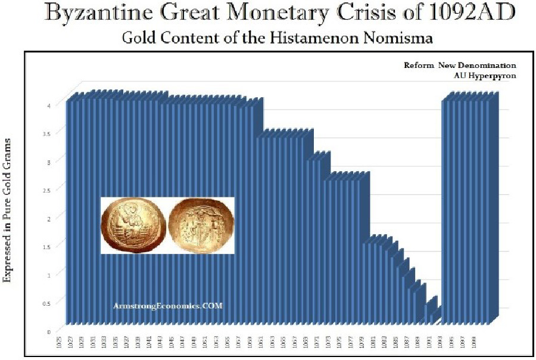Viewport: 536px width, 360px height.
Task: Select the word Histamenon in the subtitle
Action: click(310, 38)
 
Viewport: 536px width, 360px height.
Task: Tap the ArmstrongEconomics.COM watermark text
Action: click(167, 305)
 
